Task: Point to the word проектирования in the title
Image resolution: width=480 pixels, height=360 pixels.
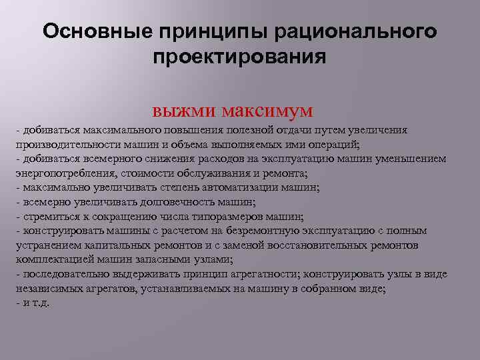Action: (239, 58)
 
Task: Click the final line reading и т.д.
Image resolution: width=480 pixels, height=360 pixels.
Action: (32, 303)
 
